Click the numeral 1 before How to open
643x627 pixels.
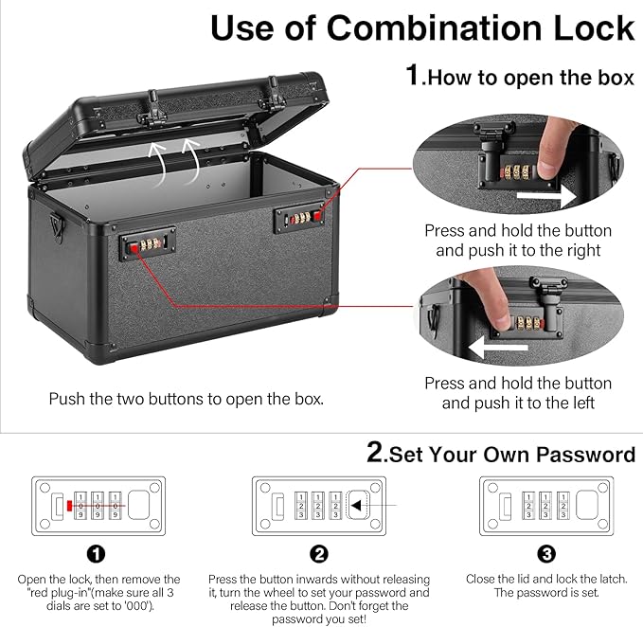(x=413, y=76)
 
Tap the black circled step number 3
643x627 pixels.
(x=546, y=554)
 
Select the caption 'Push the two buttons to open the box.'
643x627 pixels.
(x=187, y=399)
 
